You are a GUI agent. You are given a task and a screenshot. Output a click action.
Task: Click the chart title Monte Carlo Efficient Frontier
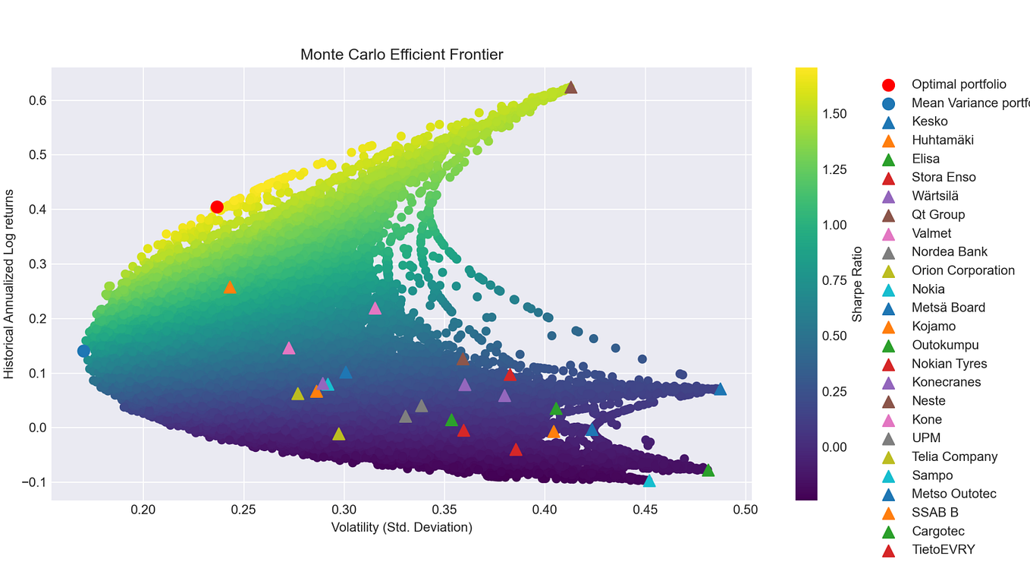click(x=401, y=55)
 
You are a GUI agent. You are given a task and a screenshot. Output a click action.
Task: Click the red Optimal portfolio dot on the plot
click(x=217, y=207)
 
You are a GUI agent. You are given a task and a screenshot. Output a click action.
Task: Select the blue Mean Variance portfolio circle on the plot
click(x=83, y=351)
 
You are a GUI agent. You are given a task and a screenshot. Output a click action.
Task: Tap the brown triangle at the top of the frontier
click(x=571, y=87)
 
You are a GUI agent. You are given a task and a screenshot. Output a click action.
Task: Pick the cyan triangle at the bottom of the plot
click(x=649, y=481)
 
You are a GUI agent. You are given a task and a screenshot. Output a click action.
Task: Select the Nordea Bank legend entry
click(x=949, y=252)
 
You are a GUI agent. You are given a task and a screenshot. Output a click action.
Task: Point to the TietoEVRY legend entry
click(x=943, y=550)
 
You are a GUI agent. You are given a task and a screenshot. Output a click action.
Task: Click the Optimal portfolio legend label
click(x=959, y=84)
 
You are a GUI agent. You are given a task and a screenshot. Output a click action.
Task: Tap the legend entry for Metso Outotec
click(x=953, y=494)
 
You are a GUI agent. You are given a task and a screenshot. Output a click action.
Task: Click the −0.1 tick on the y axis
click(x=33, y=482)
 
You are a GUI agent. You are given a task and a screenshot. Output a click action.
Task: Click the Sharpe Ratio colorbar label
click(x=858, y=284)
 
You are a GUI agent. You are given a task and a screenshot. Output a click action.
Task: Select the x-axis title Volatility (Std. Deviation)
click(x=401, y=527)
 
